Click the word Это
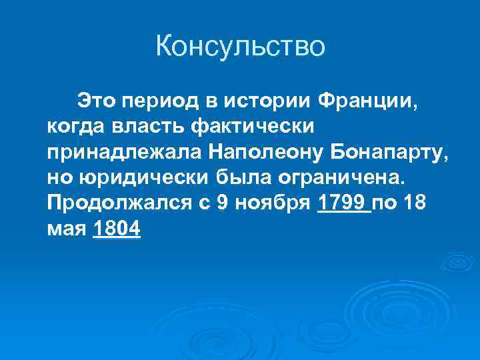click(x=96, y=101)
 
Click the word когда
click(x=73, y=126)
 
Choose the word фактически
click(x=237, y=126)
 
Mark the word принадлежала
click(x=124, y=151)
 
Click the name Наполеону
click(x=265, y=151)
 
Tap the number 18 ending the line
click(x=418, y=203)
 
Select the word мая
click(x=67, y=229)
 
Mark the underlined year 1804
click(x=117, y=229)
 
